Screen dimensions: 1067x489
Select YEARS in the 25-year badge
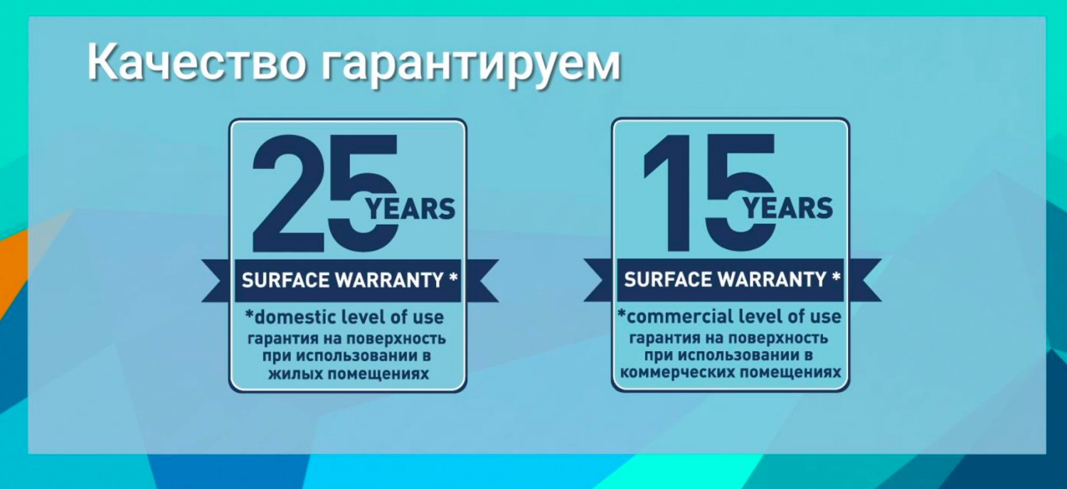410,209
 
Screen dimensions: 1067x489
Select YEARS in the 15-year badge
788,208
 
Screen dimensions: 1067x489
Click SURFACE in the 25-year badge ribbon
286,281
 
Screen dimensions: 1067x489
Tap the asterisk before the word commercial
622,313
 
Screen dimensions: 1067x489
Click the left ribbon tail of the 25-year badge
218,281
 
